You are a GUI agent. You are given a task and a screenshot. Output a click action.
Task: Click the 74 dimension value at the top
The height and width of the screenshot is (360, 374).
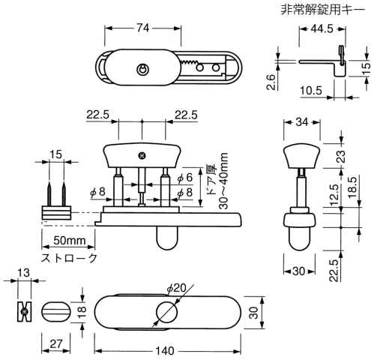click(142, 28)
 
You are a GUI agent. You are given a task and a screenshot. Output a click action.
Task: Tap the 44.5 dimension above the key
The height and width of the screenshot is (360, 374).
click(322, 29)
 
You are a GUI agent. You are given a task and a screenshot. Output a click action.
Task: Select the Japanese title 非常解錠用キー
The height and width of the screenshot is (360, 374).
click(323, 10)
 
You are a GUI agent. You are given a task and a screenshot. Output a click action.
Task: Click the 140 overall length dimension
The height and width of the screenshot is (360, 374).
click(165, 351)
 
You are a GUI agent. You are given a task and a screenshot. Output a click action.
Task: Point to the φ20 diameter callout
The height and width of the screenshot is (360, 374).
click(177, 289)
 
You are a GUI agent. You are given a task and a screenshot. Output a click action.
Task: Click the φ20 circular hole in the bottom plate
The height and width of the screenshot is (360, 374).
click(166, 311)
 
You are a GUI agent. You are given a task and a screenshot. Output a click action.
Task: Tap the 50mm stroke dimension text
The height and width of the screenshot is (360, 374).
click(70, 241)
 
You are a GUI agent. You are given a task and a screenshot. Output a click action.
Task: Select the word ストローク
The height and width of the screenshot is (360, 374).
click(69, 258)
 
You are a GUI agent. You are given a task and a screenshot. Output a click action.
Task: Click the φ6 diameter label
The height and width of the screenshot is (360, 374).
click(185, 178)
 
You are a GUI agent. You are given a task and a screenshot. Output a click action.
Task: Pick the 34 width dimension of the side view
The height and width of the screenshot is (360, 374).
click(302, 122)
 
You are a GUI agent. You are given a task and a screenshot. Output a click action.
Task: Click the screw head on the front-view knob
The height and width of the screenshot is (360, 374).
click(142, 156)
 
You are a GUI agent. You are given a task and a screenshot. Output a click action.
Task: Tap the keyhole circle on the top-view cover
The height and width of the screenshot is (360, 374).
click(142, 69)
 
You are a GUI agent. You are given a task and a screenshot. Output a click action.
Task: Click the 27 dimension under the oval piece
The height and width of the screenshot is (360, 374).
click(55, 344)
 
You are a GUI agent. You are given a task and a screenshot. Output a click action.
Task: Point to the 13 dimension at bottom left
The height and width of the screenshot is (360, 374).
click(24, 273)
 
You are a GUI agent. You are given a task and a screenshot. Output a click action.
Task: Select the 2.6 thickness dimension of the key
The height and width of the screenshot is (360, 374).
click(271, 82)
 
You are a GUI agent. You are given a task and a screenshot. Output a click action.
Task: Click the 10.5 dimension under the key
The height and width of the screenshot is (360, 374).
click(311, 91)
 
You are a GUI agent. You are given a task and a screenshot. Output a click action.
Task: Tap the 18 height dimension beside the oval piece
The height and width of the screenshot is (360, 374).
click(82, 312)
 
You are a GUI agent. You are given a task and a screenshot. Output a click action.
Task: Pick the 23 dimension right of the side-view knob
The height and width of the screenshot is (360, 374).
click(341, 156)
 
